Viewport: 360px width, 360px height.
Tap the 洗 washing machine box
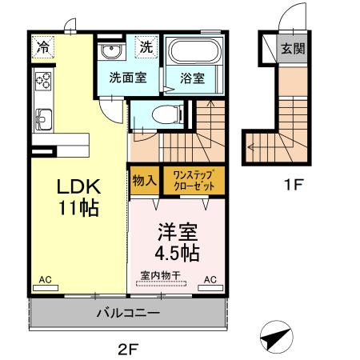(x=146, y=47)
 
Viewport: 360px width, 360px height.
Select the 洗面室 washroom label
(x=127, y=78)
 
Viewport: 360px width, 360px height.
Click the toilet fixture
(x=164, y=114)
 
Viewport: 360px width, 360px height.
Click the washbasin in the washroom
(x=112, y=53)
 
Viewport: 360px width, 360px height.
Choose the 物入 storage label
(x=143, y=179)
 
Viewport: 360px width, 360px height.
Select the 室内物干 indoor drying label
(x=161, y=275)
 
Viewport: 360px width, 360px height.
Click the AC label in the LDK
(x=45, y=279)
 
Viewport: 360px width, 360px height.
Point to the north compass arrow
(x=276, y=338)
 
